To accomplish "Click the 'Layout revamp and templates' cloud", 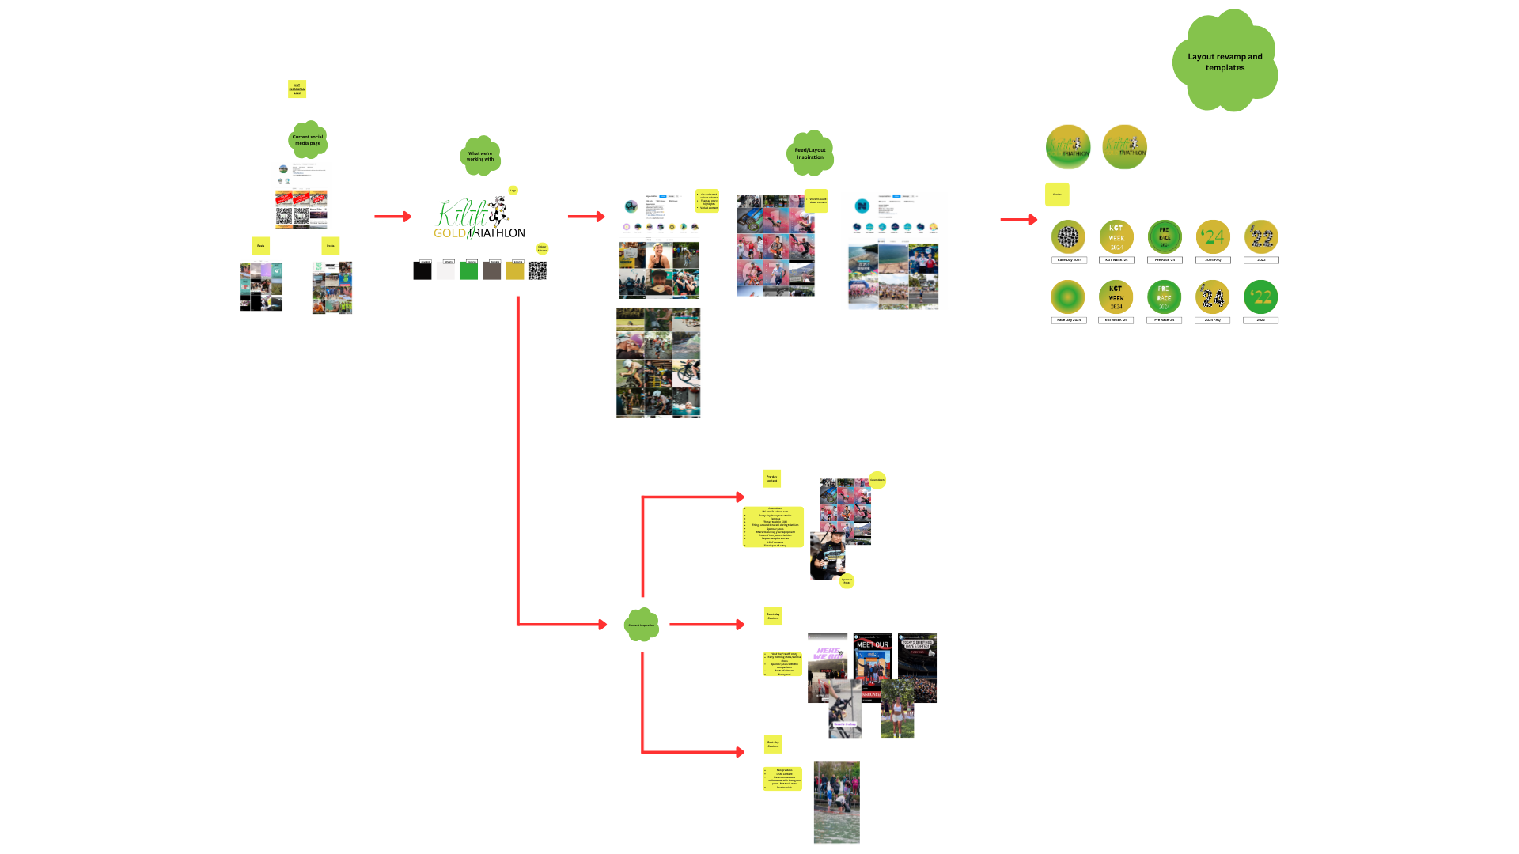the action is pyautogui.click(x=1225, y=62).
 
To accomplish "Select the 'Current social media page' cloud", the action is pyautogui.click(x=308, y=140).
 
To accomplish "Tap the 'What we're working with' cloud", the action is pyautogui.click(x=480, y=156).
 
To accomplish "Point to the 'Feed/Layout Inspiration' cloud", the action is pyautogui.click(x=810, y=153).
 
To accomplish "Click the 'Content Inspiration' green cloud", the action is pyautogui.click(x=642, y=625).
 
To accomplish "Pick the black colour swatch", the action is pyautogui.click(x=422, y=271).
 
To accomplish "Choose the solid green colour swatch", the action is pyautogui.click(x=469, y=271).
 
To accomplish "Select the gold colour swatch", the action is pyautogui.click(x=515, y=271).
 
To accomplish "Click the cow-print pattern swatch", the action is pyautogui.click(x=538, y=271).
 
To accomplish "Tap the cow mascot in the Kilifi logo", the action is pyautogui.click(x=498, y=212).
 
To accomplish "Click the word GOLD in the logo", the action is pyautogui.click(x=449, y=233).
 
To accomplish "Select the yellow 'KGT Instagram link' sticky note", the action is pyautogui.click(x=297, y=89).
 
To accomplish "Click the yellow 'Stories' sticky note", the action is pyautogui.click(x=1057, y=195).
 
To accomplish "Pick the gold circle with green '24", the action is pyautogui.click(x=1213, y=236).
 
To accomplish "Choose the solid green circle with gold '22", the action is pyautogui.click(x=1261, y=297).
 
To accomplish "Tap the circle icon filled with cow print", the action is pyautogui.click(x=1068, y=236).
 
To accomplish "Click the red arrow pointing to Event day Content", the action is pyautogui.click(x=707, y=625).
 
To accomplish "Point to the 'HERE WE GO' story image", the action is pyautogui.click(x=828, y=656).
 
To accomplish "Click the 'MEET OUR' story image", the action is pyautogui.click(x=873, y=656).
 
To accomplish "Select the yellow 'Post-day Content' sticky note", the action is pyautogui.click(x=773, y=744).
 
